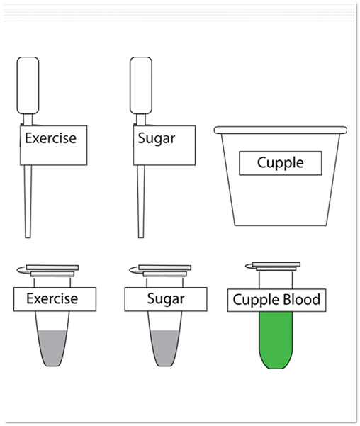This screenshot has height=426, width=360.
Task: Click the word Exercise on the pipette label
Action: pos(50,138)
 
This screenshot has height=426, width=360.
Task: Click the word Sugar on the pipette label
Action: pos(156,138)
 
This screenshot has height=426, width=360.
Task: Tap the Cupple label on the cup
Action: pos(281,163)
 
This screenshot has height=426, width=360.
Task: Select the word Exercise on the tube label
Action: pos(52,298)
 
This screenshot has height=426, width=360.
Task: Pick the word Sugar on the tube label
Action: pos(166,299)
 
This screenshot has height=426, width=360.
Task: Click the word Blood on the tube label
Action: pos(302,299)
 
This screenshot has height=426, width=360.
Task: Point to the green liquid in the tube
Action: pos(276,340)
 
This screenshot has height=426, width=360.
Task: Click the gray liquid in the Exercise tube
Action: pos(53,348)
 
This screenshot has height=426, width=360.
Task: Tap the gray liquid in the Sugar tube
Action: pos(165,348)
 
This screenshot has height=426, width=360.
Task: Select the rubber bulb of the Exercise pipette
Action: pos(28,85)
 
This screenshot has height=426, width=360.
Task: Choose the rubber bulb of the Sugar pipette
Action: pos(141,85)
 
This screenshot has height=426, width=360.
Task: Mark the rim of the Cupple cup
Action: pos(281,130)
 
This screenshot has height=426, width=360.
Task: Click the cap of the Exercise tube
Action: pos(52,271)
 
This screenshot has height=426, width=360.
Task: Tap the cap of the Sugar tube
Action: pos(164,271)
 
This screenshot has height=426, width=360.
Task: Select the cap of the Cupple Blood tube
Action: pos(276,267)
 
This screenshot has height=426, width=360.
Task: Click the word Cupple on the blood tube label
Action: pos(256,300)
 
